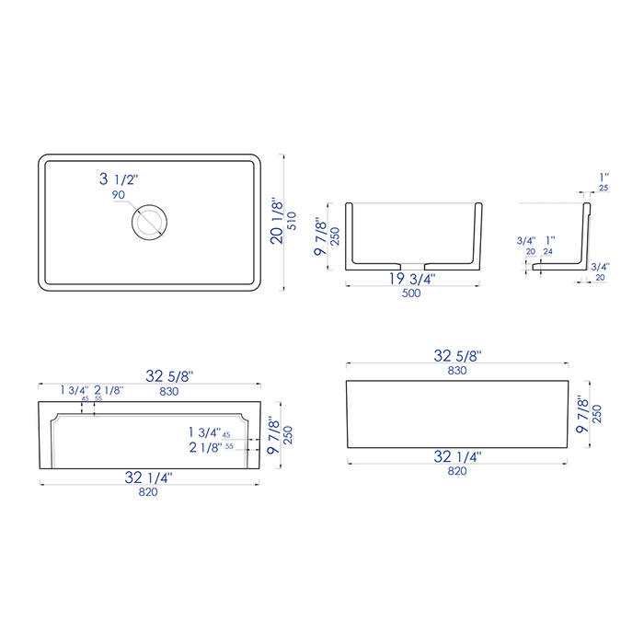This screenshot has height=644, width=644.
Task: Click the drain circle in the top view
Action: point(147,222)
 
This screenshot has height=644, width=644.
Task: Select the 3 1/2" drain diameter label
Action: point(121,179)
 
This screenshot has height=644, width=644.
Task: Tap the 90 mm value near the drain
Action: point(118,195)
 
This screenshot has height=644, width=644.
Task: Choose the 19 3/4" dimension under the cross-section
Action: point(410,278)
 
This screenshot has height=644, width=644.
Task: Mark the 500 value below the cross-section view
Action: point(410,294)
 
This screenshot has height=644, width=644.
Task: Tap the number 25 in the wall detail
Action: point(604,188)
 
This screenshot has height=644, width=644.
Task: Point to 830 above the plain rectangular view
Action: point(457,370)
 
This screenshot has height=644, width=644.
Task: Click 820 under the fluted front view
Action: point(148,492)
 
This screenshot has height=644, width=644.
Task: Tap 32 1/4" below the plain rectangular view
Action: point(457,455)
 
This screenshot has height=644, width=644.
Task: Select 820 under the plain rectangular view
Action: point(457,471)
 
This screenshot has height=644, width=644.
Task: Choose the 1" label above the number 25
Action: point(604,176)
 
